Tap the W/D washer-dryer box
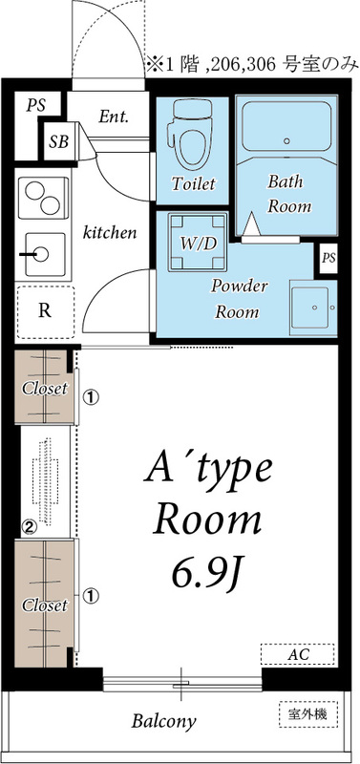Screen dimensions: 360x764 (198, 243)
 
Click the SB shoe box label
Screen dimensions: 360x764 (58, 141)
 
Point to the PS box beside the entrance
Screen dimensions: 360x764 (36, 105)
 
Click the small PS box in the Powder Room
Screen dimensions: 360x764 (328, 258)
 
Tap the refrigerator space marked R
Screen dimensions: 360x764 (45, 312)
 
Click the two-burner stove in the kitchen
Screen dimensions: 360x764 (43, 198)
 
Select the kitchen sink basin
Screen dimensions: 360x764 (44, 254)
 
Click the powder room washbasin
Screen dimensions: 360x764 (313, 307)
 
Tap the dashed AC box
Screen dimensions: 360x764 (297, 654)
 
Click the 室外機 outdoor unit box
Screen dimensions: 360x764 (308, 714)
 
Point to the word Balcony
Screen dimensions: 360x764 (163, 721)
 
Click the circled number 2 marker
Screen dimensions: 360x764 (30, 526)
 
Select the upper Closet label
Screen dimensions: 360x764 (44, 389)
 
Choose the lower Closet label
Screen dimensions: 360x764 (44, 605)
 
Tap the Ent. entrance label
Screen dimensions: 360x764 (114, 117)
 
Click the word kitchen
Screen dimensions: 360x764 (110, 232)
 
